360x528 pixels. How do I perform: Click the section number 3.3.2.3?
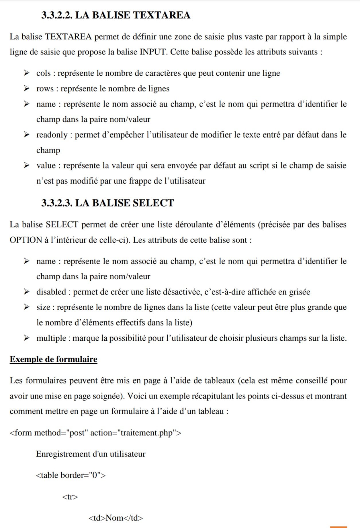click(x=57, y=203)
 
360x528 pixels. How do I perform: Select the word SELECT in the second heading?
click(x=153, y=203)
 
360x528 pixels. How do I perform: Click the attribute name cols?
click(x=43, y=73)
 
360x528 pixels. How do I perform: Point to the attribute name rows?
click(x=45, y=89)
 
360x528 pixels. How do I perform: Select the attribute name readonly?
click(x=52, y=135)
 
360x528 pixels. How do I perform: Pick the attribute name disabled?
click(x=51, y=292)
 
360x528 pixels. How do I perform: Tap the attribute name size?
click(x=43, y=307)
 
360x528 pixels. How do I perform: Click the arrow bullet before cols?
click(x=27, y=73)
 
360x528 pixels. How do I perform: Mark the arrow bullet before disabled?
click(x=27, y=292)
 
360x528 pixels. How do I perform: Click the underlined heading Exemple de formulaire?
click(x=54, y=359)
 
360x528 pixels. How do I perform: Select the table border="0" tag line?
click(x=71, y=475)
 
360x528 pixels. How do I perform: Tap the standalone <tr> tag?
click(x=70, y=497)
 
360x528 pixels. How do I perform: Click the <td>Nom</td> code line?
click(x=116, y=518)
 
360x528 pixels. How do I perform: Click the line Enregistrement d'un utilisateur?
click(x=91, y=454)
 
